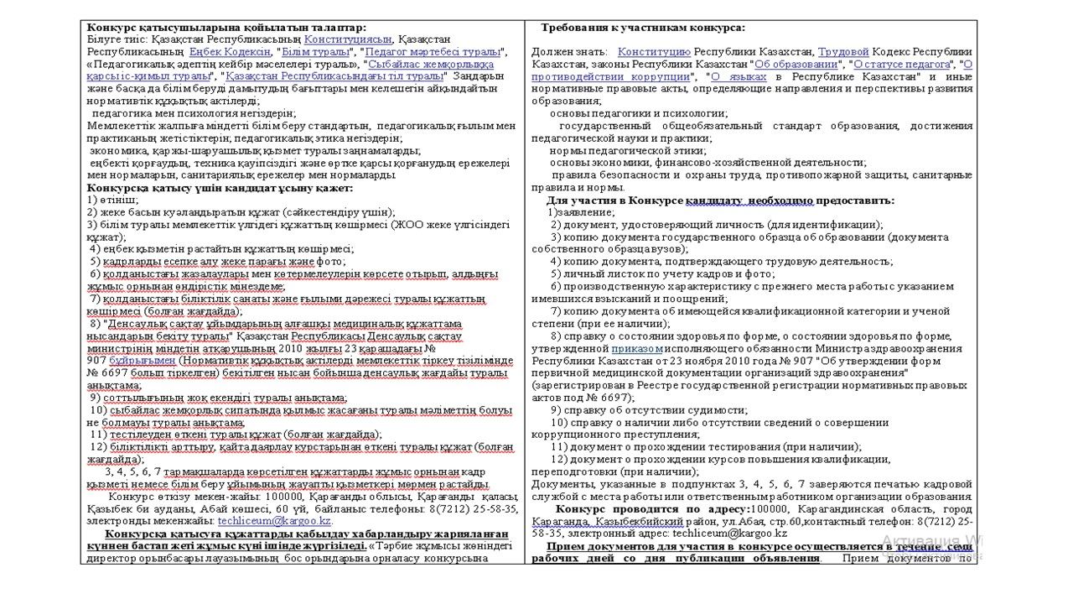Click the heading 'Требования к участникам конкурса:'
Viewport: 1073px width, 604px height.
pyautogui.click(x=643, y=28)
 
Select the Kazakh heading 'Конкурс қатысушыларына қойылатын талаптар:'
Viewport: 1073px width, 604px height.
pyautogui.click(x=226, y=28)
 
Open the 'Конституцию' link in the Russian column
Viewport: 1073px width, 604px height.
pyautogui.click(x=654, y=52)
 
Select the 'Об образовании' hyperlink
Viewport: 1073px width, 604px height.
pyautogui.click(x=796, y=65)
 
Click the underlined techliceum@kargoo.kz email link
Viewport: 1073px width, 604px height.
pyautogui.click(x=274, y=521)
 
